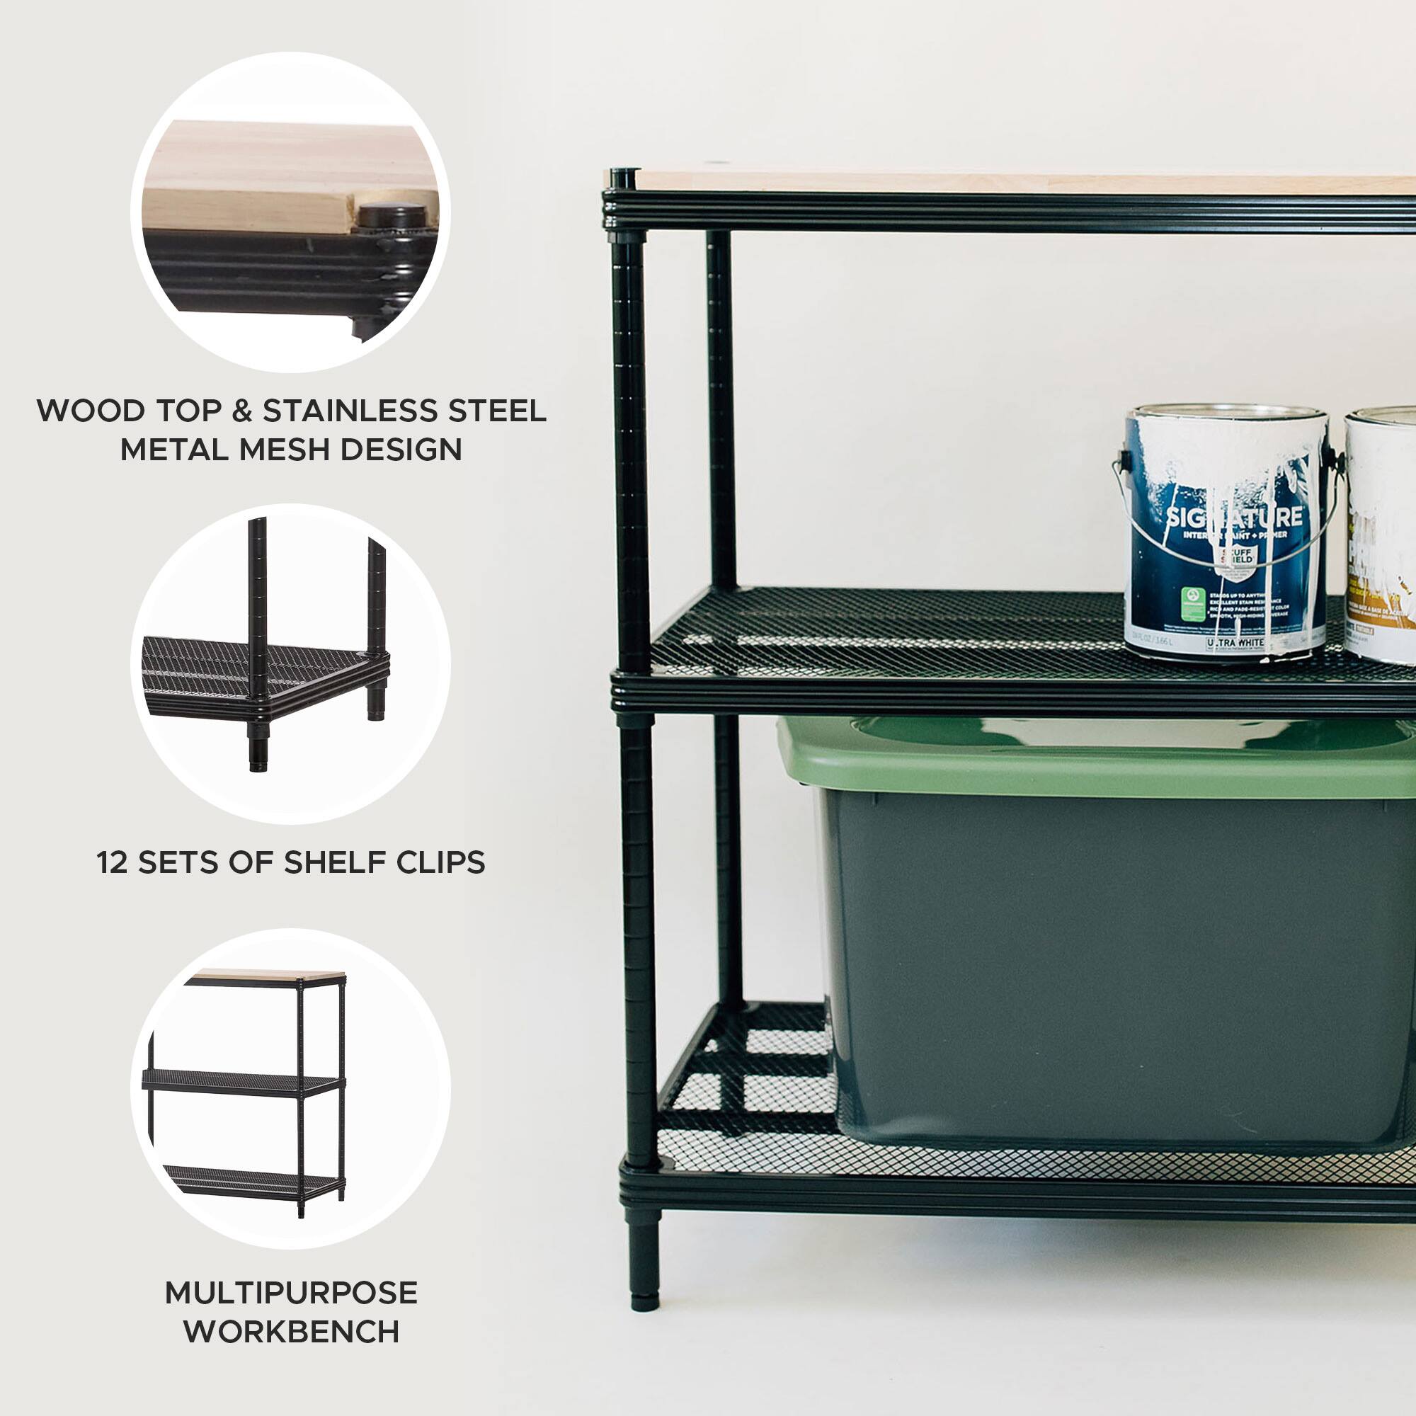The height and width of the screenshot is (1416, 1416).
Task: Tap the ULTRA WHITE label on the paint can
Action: coord(1235,644)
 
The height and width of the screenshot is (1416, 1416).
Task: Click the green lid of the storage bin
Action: coord(1100,759)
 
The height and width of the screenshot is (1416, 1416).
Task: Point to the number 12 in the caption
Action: coord(112,862)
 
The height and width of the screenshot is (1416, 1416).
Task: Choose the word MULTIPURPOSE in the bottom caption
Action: coord(291,1293)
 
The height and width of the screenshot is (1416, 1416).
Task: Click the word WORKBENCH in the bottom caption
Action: coord(291,1332)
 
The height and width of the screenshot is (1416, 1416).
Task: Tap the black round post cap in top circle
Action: coord(392,215)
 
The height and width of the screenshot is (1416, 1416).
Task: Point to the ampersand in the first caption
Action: coord(242,411)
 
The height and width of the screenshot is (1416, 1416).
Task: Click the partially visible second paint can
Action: coord(1381,535)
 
